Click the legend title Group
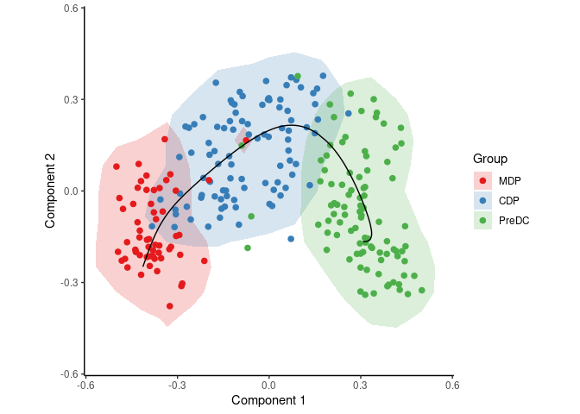[x=490, y=159]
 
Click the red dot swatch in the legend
[x=483, y=180]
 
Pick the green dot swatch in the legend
[x=483, y=220]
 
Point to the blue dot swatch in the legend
[x=483, y=200]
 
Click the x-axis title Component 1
[x=268, y=400]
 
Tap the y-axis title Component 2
[x=50, y=191]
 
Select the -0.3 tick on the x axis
[x=176, y=384]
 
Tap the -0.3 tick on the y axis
[x=69, y=282]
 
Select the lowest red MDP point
[x=170, y=306]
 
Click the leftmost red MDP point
[x=117, y=166]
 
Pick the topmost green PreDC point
[x=297, y=77]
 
